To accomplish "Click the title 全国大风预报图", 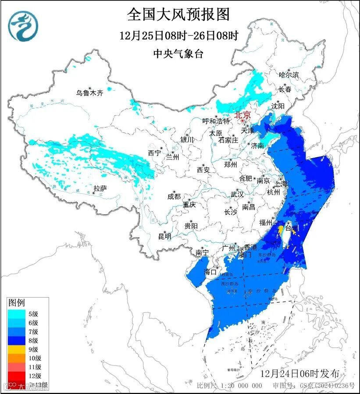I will click(178, 14).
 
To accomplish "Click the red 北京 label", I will click(242, 115).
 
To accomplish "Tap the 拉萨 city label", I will click(100, 188).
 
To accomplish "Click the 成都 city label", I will click(174, 196).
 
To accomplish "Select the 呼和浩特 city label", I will click(216, 121).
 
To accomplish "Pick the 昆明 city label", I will click(164, 236).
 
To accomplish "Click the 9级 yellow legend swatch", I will click(16, 349).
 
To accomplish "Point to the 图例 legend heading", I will click(17, 302).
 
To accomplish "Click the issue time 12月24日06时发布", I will click(299, 373).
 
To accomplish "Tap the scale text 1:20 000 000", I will click(240, 386).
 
